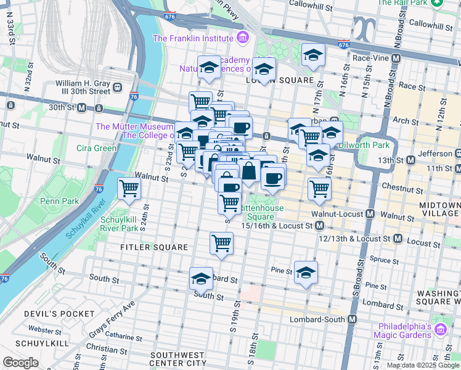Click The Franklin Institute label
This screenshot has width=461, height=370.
point(194,38)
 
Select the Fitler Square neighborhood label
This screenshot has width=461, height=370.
point(154,247)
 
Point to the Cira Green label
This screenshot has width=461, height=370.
point(96,148)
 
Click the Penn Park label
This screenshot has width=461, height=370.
point(42,201)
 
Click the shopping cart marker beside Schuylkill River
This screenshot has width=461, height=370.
point(129,189)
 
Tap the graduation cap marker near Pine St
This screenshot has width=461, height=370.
point(306,271)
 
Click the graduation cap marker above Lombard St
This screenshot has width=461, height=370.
point(201,279)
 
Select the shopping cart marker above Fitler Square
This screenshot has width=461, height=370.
point(221,242)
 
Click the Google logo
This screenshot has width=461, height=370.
point(21,363)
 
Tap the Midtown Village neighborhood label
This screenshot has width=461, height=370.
point(439,209)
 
